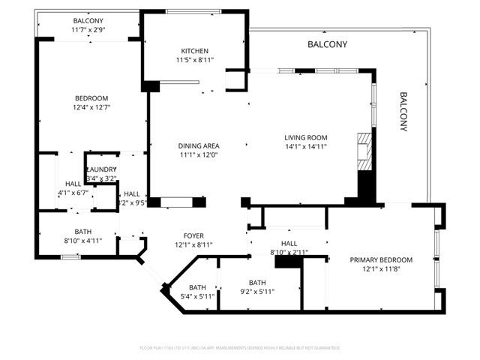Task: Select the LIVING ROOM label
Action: [306, 137]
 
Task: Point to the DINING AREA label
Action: [198, 145]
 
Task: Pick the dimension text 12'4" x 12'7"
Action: [91, 107]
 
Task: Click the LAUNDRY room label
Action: [100, 170]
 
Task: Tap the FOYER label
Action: [172, 236]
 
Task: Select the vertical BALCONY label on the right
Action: [403, 112]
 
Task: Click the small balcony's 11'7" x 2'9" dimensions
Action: [88, 29]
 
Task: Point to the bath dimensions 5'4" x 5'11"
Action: [197, 296]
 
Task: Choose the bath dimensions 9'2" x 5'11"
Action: [257, 292]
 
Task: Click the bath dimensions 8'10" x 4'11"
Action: [83, 241]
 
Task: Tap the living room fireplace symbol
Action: [364, 153]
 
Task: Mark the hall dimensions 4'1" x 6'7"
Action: [73, 193]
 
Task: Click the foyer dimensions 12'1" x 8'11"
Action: [172, 245]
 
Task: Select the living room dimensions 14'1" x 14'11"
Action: [306, 147]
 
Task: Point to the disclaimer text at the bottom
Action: [240, 348]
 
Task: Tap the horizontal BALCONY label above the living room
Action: [328, 45]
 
